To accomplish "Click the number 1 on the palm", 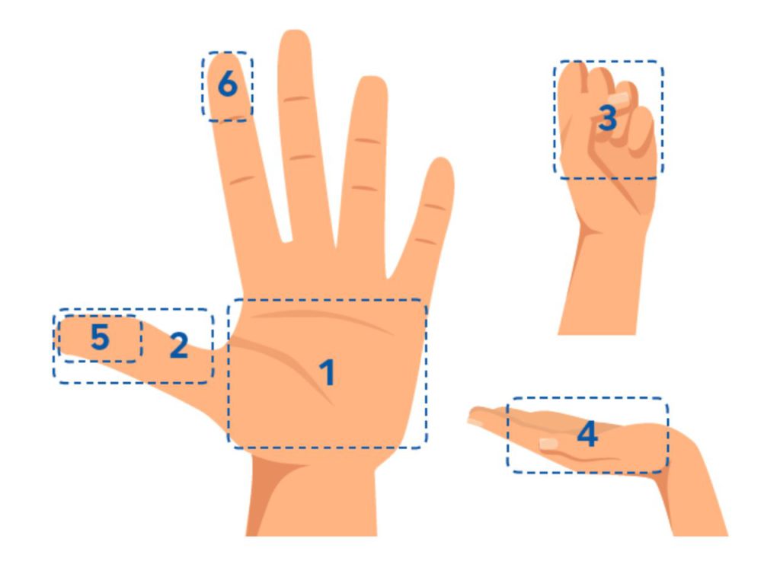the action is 327,372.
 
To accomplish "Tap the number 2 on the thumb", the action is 179,345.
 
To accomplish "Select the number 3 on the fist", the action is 607,118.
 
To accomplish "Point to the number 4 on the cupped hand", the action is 587,434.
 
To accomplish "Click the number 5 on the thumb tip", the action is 100,337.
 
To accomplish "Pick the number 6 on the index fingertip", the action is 228,83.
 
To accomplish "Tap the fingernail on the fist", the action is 619,98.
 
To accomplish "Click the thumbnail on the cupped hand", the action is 548,443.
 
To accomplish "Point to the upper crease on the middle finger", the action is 297,99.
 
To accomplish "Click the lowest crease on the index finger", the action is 242,180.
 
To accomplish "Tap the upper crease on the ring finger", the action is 368,141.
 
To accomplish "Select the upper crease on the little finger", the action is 435,206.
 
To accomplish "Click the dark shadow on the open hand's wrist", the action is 271,492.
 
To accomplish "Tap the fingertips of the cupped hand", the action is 478,414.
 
